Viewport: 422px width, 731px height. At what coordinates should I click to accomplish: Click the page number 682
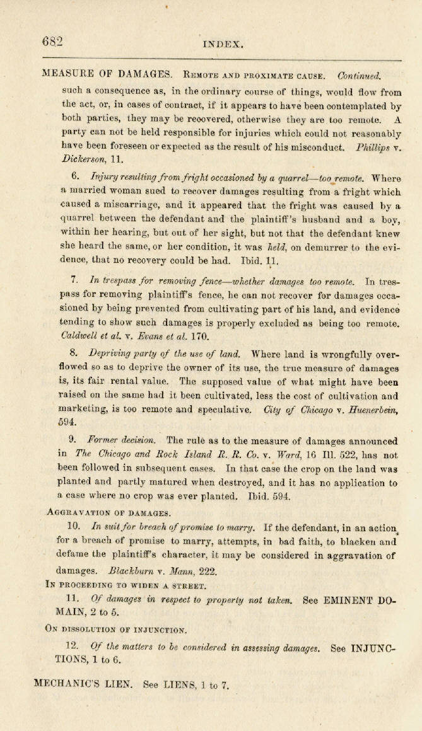pos(52,42)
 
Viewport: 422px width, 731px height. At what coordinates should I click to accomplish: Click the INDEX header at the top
pos(223,44)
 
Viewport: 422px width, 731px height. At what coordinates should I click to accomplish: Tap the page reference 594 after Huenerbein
pos(67,422)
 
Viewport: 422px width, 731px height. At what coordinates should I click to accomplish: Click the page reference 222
pos(207,572)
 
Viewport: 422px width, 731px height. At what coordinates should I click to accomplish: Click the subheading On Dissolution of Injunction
pos(116,630)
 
